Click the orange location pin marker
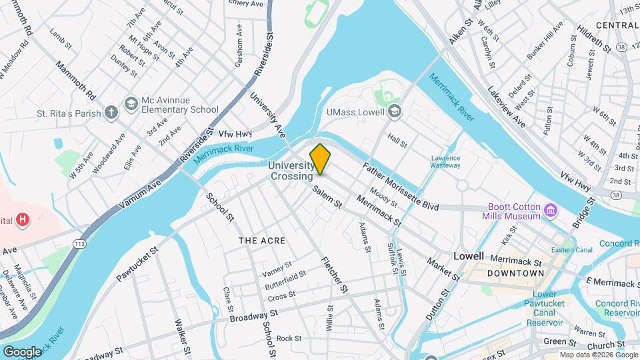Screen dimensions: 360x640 coord(320,159)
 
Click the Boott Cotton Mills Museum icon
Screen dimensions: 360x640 coord(551,211)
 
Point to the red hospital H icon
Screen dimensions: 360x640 coord(23,219)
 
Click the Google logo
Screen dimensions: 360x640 coord(22,351)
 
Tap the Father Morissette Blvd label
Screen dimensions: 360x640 coord(400,187)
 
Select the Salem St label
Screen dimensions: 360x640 coord(327,197)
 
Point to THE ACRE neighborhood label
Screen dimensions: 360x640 coord(262,241)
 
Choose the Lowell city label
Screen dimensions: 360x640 coord(468,256)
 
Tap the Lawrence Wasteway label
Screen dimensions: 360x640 coord(446,161)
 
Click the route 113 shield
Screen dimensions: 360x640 coord(80,244)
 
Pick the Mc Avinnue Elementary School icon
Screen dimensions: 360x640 coord(131,103)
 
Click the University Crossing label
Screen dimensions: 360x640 coord(291,171)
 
